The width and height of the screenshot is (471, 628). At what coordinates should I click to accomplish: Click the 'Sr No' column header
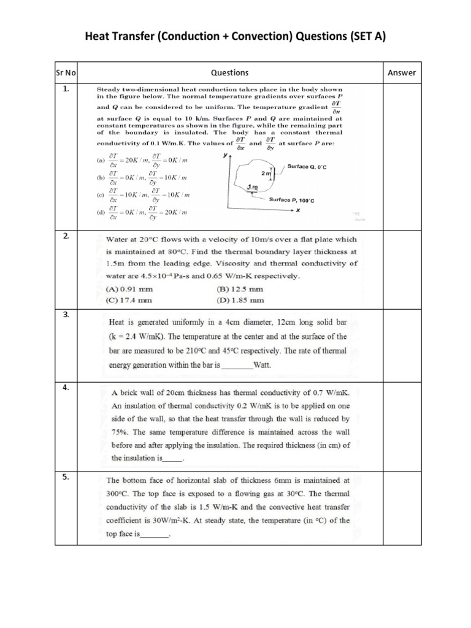coord(66,73)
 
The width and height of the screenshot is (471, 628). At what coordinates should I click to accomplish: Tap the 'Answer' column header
coord(402,73)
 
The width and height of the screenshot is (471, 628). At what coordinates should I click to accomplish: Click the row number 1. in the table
coord(66,89)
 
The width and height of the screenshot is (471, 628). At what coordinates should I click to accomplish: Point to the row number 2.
coord(66,236)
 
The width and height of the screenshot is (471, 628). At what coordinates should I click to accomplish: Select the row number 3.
coord(66,315)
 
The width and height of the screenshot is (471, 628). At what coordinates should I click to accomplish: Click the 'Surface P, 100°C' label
coord(294,200)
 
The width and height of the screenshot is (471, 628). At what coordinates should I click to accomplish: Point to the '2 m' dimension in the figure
coord(265,174)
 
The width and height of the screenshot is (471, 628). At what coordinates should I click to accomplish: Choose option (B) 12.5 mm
coord(240,288)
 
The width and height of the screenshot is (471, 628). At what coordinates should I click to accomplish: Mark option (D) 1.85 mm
coord(240,301)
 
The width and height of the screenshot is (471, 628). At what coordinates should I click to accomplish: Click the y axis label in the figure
coord(224,156)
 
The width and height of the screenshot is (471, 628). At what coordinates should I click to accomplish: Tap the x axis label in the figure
coord(297,210)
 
